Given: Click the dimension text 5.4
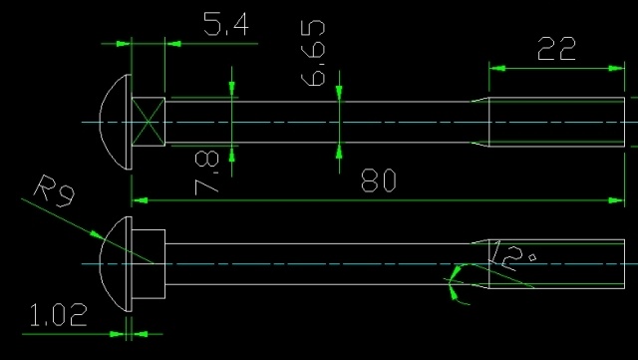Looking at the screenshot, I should (226, 27).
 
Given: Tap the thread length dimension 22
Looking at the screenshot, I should (556, 49).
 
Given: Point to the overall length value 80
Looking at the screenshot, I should (380, 180).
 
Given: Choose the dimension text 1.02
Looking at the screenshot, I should (59, 316).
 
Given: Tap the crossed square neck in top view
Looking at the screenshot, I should (148, 122).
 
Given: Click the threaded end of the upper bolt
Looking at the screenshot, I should (558, 122).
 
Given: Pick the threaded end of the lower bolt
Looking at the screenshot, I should (558, 264).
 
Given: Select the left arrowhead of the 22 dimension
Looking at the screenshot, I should (495, 68).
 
